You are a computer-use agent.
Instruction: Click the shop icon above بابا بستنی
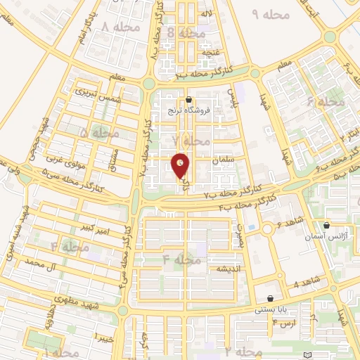271,298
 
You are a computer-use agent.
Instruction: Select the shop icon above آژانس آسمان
327,226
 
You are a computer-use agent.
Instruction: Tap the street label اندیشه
229,269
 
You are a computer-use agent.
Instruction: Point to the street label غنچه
210,53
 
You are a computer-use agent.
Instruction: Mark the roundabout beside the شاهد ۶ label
268,229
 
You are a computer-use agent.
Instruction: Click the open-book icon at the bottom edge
304,354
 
